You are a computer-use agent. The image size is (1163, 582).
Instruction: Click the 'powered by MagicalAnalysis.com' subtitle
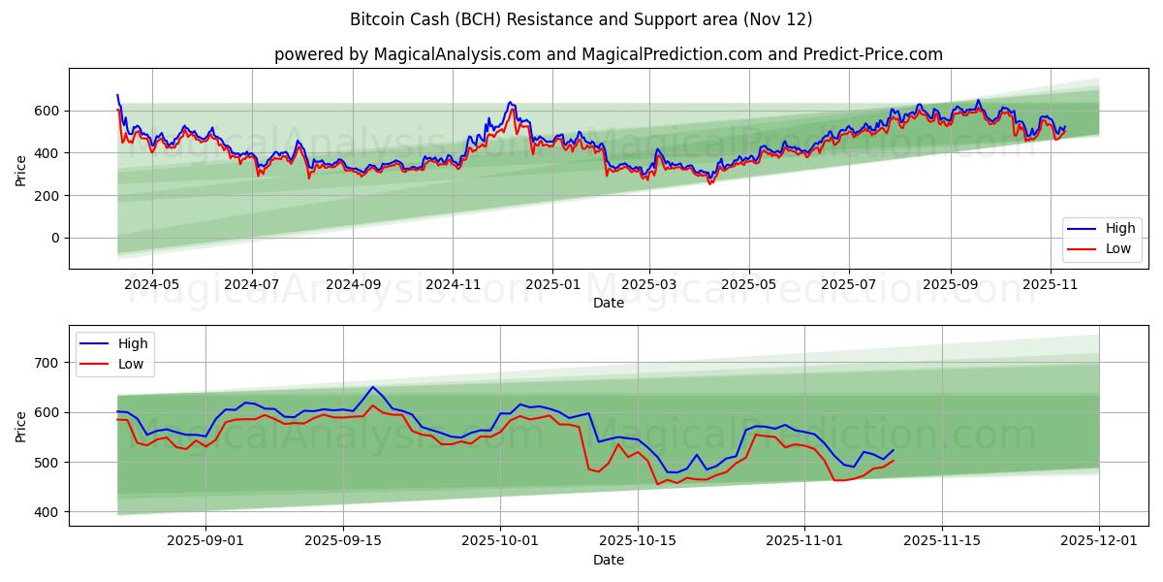608,54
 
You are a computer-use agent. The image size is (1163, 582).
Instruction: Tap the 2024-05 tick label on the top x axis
152,285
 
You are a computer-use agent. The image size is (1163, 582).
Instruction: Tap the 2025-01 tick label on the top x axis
552,285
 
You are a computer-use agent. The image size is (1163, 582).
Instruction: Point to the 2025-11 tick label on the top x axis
1051,285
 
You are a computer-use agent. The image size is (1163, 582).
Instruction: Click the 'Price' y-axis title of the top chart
21,169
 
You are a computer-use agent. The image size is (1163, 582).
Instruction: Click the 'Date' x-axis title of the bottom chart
608,560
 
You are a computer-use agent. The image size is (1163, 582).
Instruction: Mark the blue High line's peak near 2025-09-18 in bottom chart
372,387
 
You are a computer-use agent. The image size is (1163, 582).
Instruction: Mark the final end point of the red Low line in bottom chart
894,460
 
